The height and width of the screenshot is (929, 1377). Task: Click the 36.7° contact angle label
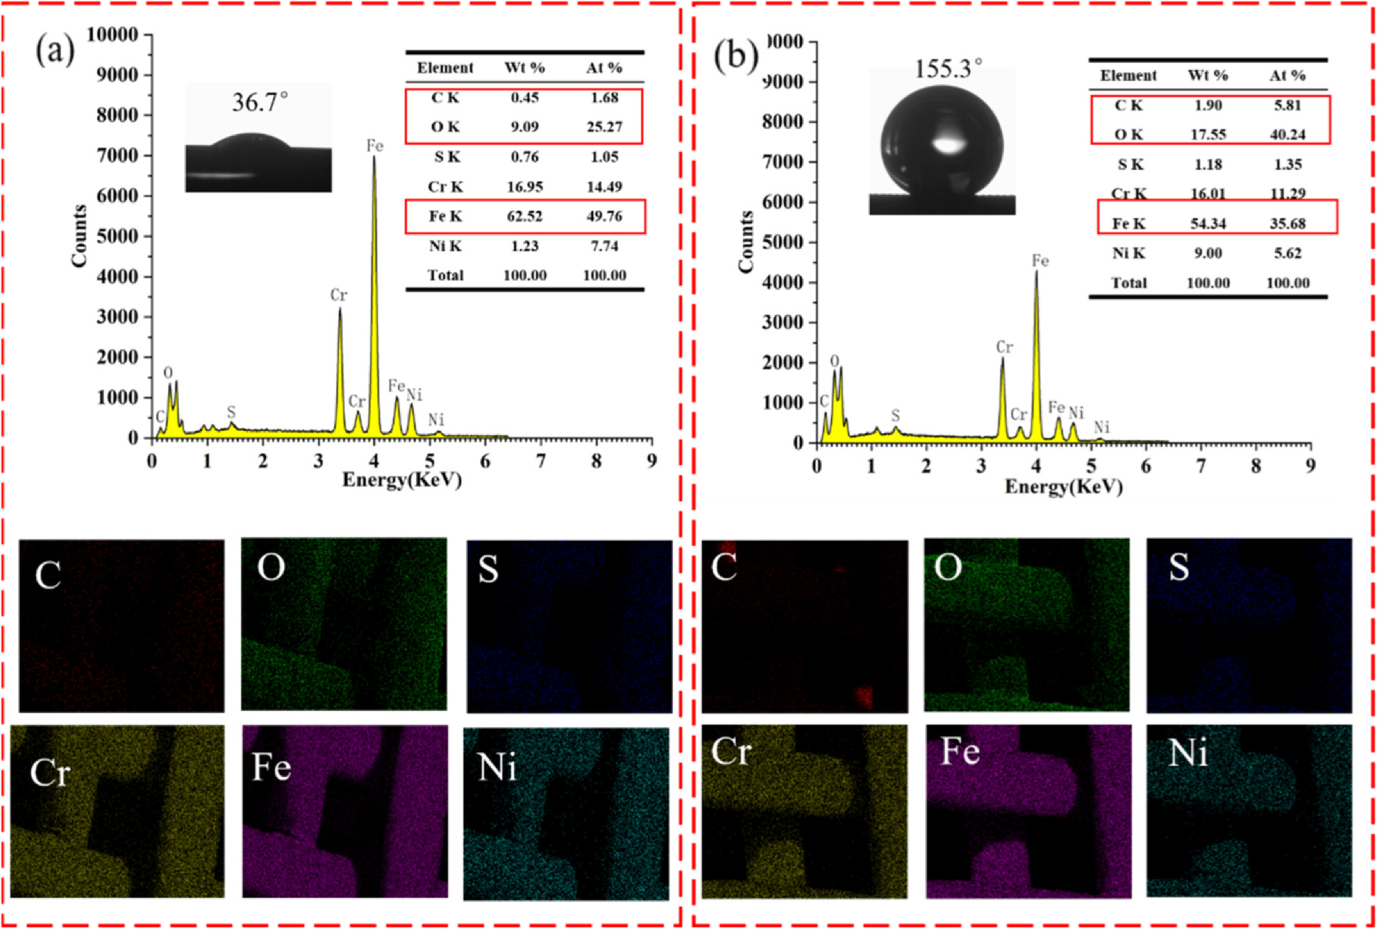(x=260, y=102)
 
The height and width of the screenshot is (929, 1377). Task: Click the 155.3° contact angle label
(x=948, y=69)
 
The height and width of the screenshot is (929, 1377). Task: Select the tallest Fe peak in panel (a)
(x=374, y=163)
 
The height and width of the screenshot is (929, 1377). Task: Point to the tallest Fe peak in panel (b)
(x=1037, y=277)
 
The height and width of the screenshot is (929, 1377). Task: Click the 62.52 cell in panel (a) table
(x=525, y=217)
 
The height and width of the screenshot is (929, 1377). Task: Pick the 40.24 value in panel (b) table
(x=1288, y=135)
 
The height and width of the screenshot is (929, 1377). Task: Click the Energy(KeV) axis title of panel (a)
(x=402, y=480)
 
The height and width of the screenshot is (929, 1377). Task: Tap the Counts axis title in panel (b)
(x=746, y=241)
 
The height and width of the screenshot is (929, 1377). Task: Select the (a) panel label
(x=55, y=52)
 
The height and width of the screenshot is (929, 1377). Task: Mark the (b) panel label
(x=735, y=58)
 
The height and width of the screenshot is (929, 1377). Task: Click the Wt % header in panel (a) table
(x=525, y=68)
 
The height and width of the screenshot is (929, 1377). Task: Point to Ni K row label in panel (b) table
(x=1128, y=253)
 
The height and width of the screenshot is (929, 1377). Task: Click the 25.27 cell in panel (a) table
(x=604, y=127)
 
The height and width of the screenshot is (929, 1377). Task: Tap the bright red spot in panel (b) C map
(x=864, y=696)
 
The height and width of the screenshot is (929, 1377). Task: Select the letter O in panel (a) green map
(x=271, y=568)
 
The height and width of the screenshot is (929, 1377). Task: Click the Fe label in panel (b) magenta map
(x=960, y=752)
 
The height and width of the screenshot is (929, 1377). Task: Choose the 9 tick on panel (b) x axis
(x=1311, y=466)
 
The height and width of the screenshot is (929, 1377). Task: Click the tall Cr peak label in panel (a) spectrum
(x=338, y=296)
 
